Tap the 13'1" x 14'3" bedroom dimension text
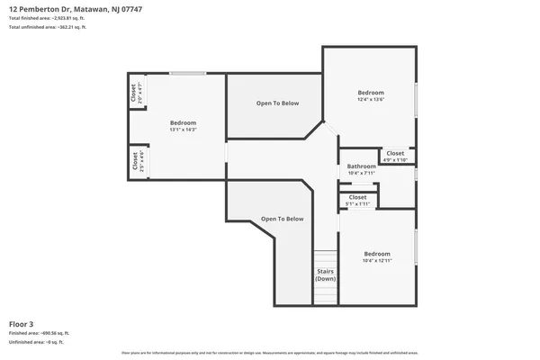[183, 130]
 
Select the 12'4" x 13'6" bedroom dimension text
[371, 100]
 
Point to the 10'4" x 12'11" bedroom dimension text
[379, 261]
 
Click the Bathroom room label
[362, 166]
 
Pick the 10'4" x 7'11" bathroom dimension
[362, 173]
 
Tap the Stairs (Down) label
[325, 275]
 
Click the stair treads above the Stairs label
[325, 258]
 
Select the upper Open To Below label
[277, 103]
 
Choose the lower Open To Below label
[283, 219]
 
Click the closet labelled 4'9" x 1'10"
[396, 156]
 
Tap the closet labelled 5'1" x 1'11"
[357, 200]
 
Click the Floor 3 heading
[22, 323]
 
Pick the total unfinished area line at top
[48, 28]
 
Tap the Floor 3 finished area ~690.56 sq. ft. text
[39, 333]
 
